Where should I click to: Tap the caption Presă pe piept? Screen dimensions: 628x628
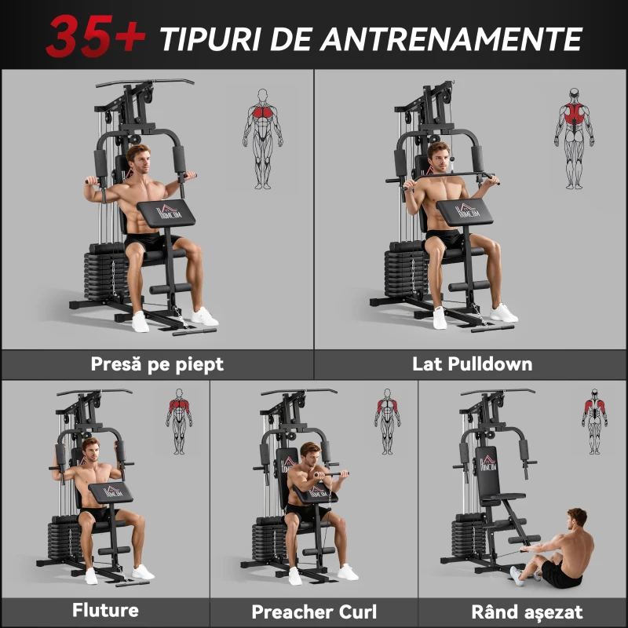point(157,364)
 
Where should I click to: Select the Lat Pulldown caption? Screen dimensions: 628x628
point(472,364)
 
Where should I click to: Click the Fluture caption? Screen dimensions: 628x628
point(105,610)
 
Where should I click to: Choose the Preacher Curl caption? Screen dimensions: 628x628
point(314,612)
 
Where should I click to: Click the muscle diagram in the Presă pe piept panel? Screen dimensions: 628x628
point(262,138)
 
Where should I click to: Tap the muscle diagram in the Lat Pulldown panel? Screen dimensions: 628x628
point(575,138)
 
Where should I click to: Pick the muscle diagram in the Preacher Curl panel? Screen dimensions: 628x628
point(387,421)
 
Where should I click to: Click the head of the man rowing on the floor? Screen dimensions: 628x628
point(577,518)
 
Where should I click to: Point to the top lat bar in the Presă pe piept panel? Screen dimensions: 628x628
point(145,82)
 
